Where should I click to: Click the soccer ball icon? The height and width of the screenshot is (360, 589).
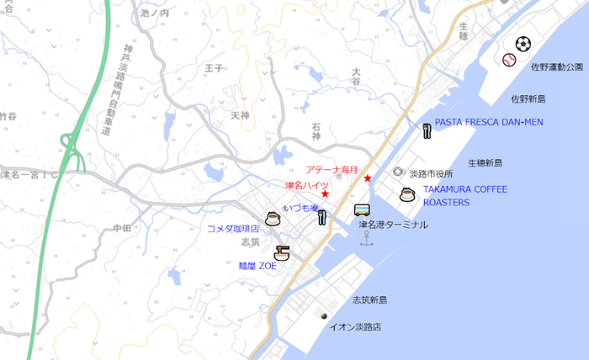[x=523, y=43]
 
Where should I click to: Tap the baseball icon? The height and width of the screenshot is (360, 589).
[x=509, y=60]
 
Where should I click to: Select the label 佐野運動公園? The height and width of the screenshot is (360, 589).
[x=557, y=66]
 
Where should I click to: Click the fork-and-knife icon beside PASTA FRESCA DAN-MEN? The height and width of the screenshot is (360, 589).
[x=427, y=130]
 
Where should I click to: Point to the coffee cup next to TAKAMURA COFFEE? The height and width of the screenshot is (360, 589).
[x=407, y=195]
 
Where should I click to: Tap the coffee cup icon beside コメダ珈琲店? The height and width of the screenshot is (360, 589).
[x=273, y=220]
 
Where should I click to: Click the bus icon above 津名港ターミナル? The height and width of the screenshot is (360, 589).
[x=362, y=209]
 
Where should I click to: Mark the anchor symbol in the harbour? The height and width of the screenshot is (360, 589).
[x=366, y=240]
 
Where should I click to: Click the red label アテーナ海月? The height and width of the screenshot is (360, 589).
[x=332, y=169]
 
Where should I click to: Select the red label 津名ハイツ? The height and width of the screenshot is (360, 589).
[x=306, y=185]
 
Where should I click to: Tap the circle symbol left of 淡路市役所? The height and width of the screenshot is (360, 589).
[x=398, y=172]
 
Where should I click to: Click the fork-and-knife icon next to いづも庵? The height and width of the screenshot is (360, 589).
[x=321, y=218]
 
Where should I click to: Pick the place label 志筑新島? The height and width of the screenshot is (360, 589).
[x=369, y=300]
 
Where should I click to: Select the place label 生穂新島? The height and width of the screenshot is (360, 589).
[x=485, y=162]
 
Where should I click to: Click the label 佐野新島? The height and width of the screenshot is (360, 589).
[x=528, y=98]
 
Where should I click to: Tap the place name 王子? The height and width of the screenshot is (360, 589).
[x=215, y=66]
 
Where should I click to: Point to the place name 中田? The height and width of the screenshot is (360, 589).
[x=121, y=228]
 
